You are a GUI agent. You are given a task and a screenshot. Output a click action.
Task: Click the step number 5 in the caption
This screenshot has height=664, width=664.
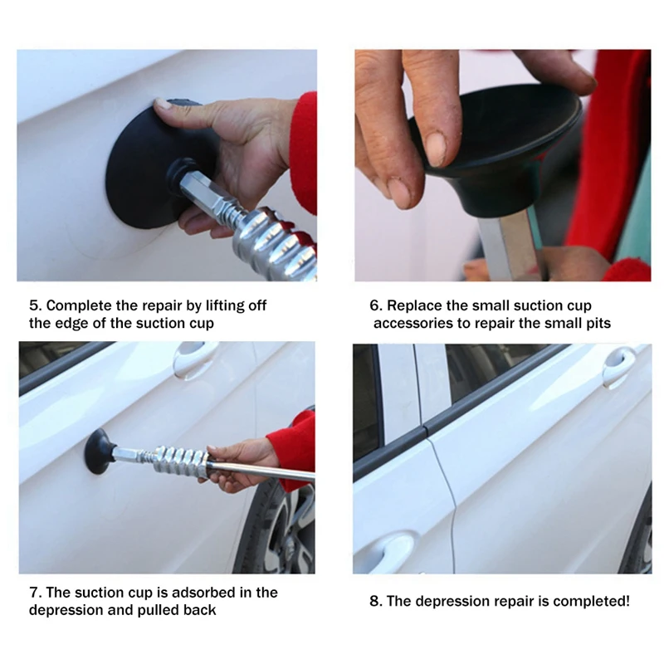[35, 305]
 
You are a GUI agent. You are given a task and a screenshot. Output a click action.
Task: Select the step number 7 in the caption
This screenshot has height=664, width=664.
[35, 593]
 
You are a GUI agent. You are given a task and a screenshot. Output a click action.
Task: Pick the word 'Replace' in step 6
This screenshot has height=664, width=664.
[413, 305]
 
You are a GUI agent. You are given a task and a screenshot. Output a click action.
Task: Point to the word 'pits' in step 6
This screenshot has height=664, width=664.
[598, 324]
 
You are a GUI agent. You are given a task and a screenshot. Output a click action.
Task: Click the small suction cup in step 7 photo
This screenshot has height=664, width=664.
[100, 451]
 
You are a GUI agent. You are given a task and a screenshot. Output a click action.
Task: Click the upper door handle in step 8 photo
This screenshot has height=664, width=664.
[620, 364]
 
